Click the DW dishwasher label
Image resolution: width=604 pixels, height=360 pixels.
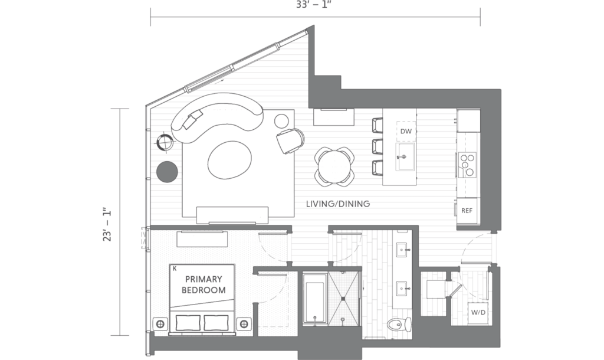(x=406, y=131)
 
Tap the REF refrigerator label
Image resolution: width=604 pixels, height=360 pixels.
(x=467, y=211)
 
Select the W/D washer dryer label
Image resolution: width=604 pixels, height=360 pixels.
(x=478, y=312)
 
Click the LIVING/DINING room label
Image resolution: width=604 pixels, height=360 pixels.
(x=338, y=204)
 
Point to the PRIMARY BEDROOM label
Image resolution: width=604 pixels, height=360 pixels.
(x=203, y=284)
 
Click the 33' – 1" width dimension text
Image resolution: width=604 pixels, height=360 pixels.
(x=314, y=5)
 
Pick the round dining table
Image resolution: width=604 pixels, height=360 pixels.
(x=334, y=167)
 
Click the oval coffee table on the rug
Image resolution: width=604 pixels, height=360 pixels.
(x=229, y=159)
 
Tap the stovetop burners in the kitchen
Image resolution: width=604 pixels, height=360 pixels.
(x=467, y=165)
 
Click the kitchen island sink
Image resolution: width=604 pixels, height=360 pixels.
(x=406, y=156)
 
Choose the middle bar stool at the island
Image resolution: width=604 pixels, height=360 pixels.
(x=378, y=146)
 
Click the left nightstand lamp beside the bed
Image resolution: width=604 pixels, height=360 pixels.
(x=160, y=324)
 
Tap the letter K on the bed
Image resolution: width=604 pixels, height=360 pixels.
(x=175, y=269)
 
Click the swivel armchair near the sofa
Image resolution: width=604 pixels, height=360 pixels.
(x=290, y=140)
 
